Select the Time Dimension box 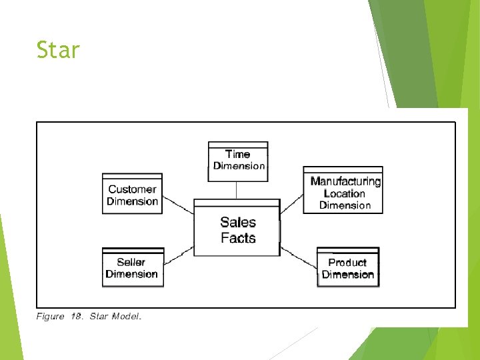click(238, 161)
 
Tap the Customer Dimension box click(132, 194)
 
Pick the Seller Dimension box click(132, 267)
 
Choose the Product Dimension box click(347, 267)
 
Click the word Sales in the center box click(238, 222)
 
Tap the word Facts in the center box click(238, 238)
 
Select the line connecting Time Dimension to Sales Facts click(237, 190)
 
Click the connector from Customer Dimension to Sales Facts click(178, 203)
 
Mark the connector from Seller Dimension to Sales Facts click(179, 255)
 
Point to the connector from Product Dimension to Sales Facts click(299, 257)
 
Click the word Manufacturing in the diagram click(345, 181)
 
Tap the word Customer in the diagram click(132, 189)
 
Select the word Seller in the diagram click(131, 262)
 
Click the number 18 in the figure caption click(77, 317)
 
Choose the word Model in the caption click(126, 317)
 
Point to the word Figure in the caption click(51, 317)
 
